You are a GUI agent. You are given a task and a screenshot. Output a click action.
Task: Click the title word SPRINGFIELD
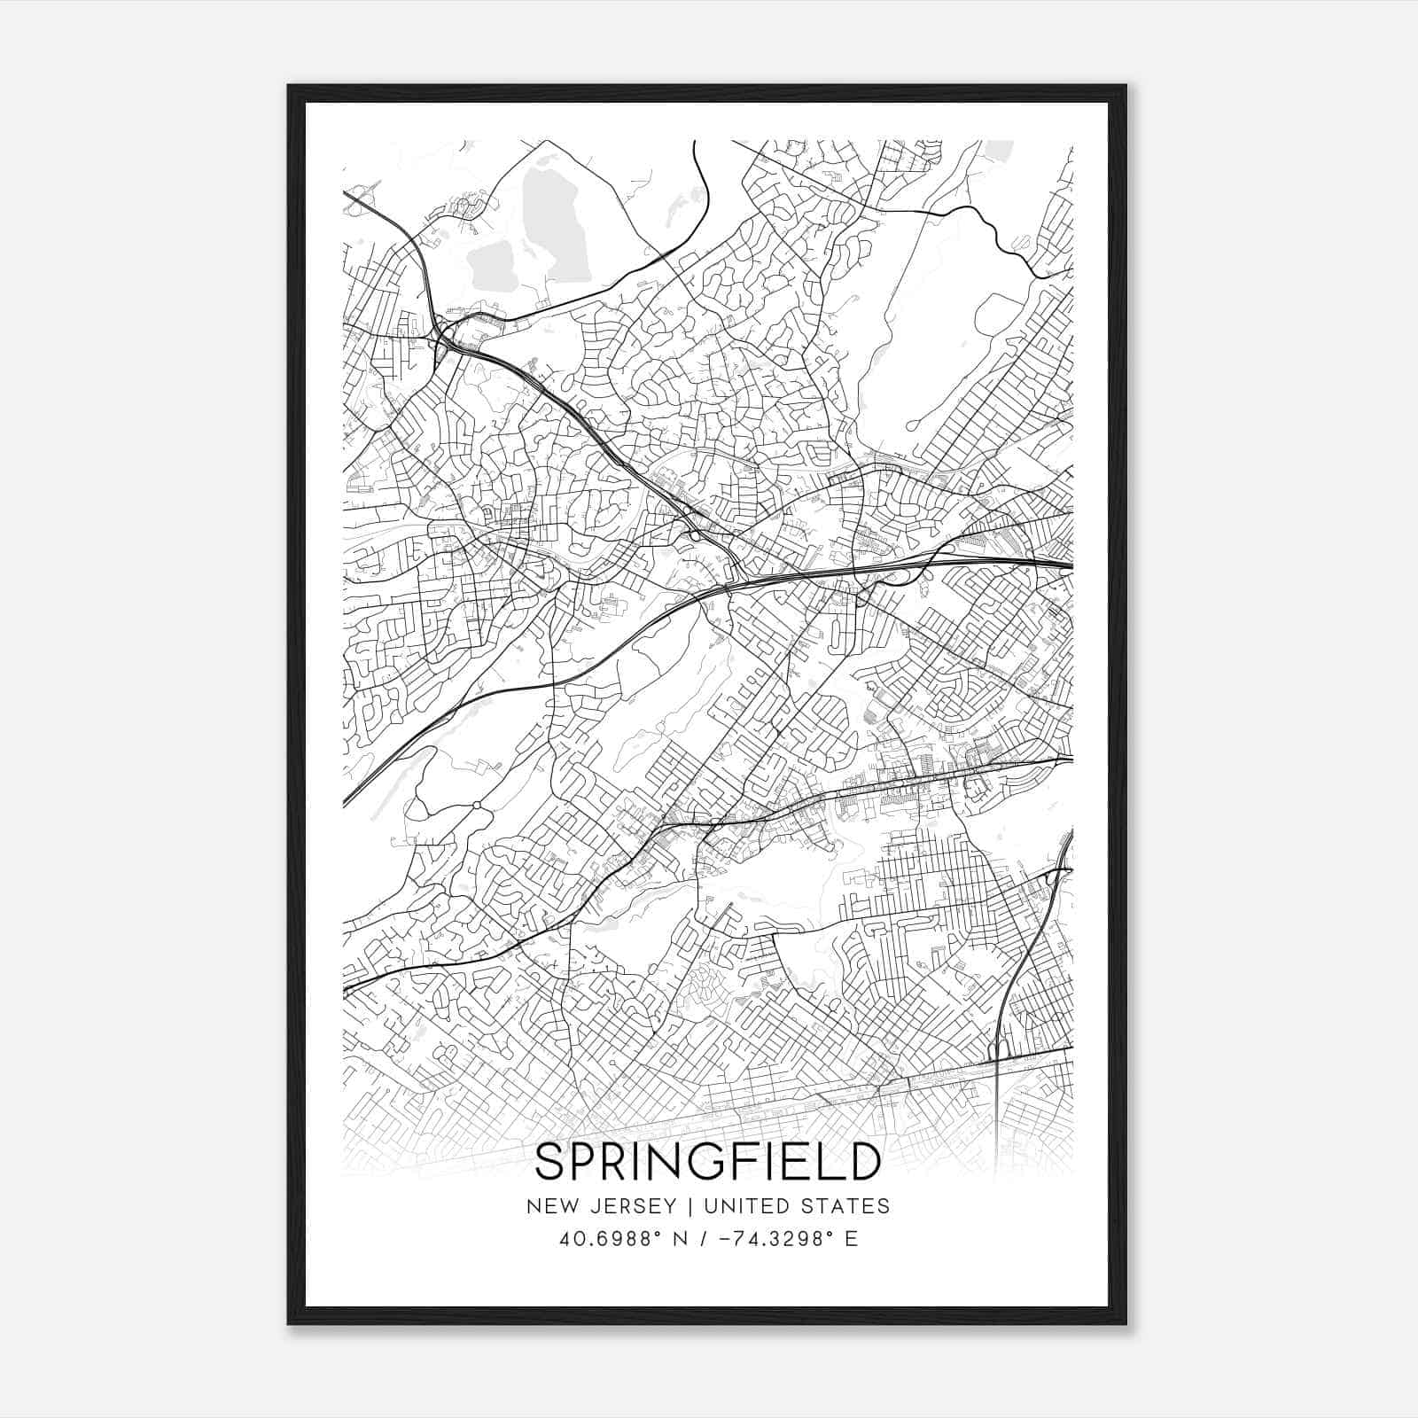tap(708, 1162)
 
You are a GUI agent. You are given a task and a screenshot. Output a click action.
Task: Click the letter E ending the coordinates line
tap(852, 1239)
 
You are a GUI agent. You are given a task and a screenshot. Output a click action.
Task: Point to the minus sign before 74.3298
tap(728, 1239)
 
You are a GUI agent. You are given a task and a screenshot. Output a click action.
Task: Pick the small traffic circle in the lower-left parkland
tap(477, 805)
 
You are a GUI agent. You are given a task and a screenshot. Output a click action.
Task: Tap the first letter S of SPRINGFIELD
tap(551, 1162)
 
